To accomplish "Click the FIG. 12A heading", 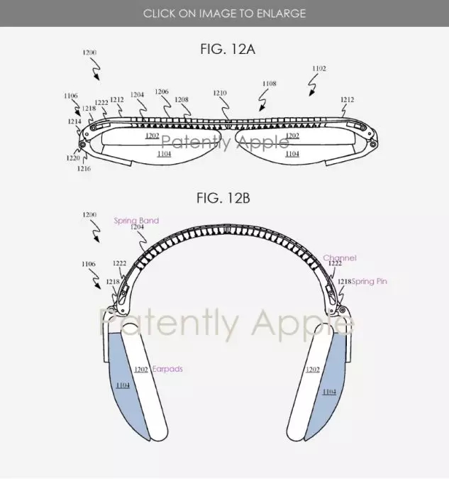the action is tap(228, 49).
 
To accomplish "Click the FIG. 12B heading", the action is tap(223, 198).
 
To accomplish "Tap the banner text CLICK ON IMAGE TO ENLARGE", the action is tap(224, 13).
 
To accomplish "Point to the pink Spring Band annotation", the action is tap(136, 220).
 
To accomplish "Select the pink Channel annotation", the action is tap(340, 258).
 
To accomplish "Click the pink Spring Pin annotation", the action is tap(370, 281).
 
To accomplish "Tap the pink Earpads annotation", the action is tap(167, 369).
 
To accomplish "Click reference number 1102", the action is tap(319, 69).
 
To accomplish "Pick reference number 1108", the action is tap(270, 84).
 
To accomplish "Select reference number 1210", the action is tap(220, 93).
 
